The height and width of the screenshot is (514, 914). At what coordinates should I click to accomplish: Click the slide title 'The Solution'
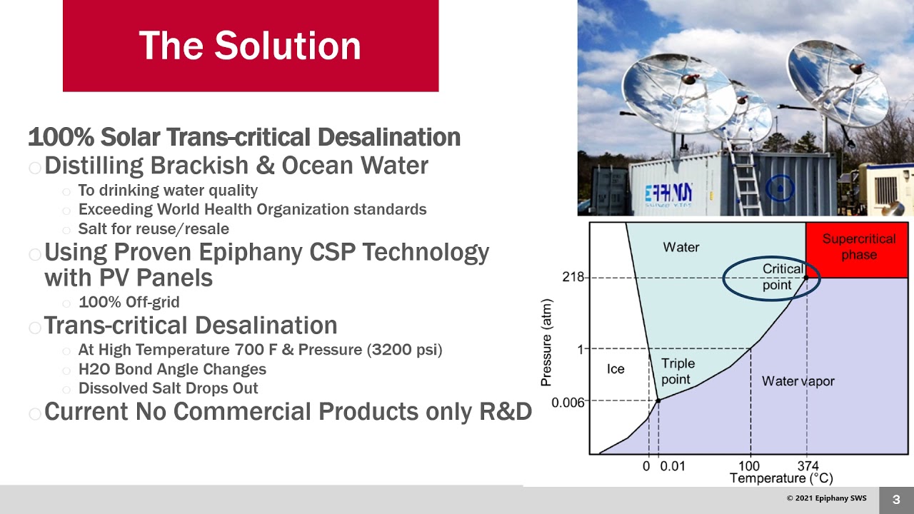point(250,46)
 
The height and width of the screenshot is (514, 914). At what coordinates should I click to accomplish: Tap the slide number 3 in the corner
point(896,500)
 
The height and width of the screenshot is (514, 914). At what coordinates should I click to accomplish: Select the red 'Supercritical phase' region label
point(858,246)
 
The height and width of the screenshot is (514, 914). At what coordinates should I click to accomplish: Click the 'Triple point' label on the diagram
point(677,371)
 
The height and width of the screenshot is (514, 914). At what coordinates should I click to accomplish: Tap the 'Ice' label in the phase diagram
point(615,369)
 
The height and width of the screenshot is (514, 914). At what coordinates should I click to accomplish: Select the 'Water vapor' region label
point(798,381)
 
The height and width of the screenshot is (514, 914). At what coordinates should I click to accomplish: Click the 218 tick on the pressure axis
point(573,277)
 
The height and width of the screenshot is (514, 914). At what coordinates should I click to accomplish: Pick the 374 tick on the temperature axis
point(808,466)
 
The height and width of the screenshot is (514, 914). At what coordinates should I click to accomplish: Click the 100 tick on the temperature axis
point(750,466)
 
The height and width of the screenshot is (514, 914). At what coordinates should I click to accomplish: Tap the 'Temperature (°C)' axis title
point(781,478)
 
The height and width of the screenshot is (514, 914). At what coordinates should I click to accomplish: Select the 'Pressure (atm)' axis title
point(546,343)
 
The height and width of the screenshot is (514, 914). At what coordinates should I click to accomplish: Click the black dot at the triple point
point(658,401)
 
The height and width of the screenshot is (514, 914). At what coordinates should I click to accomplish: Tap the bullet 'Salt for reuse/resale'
point(154,229)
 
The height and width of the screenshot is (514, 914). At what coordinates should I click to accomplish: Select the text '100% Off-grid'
point(129,302)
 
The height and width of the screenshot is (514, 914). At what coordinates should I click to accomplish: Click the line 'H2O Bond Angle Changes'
point(172,369)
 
